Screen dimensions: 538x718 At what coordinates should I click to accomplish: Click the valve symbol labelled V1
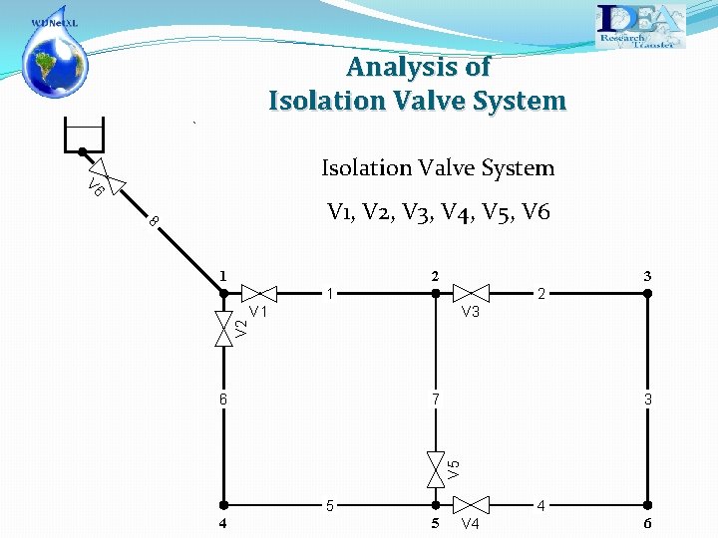point(259,293)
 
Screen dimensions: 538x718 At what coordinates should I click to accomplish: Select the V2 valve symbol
point(223,328)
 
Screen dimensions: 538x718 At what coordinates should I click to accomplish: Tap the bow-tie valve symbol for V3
point(471,293)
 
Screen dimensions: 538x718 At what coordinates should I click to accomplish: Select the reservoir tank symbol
point(84,134)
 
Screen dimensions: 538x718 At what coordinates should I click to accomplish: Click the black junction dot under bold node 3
point(646,293)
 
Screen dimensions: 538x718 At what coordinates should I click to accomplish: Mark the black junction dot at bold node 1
point(223,293)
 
